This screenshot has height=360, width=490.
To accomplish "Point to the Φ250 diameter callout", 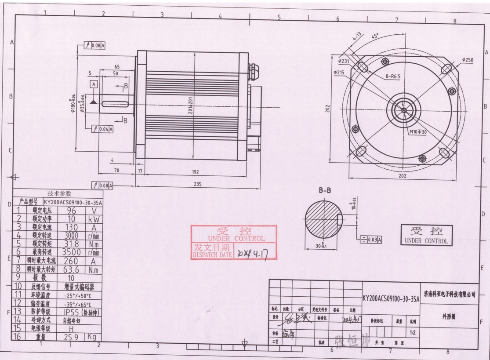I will [468, 59].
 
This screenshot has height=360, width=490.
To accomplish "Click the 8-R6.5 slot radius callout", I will [392, 76].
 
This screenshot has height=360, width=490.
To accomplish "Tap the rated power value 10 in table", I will [71, 218].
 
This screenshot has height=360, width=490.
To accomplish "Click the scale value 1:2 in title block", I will [412, 333].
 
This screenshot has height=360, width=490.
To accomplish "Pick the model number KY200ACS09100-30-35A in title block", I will [390, 298].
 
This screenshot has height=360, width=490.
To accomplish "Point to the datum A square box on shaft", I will [94, 84].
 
